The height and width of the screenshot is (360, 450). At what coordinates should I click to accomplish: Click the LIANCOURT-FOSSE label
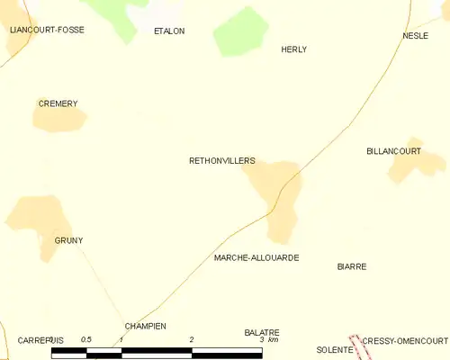46,30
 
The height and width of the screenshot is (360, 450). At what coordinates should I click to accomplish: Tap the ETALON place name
169,31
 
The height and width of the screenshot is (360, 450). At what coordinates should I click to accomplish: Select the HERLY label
294,49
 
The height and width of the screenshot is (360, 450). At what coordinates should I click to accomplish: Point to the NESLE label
415,35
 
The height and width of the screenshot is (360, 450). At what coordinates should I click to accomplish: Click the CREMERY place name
58,103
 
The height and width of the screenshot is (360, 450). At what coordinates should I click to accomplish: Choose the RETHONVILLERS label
222,161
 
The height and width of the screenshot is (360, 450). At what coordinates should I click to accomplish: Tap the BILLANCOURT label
394,151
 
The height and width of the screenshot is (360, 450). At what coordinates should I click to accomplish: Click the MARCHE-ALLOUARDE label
256,257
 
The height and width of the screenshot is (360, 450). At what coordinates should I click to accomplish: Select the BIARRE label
352,266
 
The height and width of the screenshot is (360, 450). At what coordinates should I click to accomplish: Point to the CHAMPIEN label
146,326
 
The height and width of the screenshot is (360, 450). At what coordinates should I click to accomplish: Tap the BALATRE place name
262,332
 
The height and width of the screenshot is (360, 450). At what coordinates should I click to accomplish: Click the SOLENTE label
333,348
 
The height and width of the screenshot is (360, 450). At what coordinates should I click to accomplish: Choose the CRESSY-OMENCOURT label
405,341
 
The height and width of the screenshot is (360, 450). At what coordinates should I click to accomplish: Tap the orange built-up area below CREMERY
60,120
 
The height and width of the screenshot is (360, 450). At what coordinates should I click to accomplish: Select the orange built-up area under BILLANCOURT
416,164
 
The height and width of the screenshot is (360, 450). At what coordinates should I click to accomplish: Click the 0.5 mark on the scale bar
86,339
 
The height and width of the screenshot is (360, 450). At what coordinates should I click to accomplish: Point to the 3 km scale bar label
269,340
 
